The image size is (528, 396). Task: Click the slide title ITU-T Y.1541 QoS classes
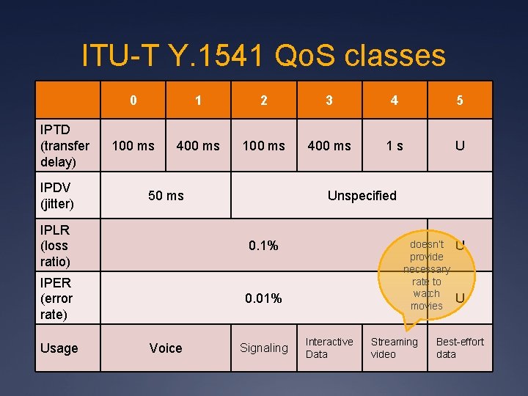click(x=263, y=55)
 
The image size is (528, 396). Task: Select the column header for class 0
click(x=133, y=100)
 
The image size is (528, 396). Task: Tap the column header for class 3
click(x=329, y=100)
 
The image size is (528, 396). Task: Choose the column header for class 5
click(x=460, y=100)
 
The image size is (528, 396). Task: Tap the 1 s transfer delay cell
click(x=395, y=146)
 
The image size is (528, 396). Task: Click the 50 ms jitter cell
click(x=166, y=196)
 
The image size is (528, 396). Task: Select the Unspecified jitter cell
click(x=362, y=196)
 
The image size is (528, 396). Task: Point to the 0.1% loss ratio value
click(x=263, y=246)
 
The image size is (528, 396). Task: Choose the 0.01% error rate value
click(x=263, y=298)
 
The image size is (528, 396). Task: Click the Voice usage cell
click(x=166, y=348)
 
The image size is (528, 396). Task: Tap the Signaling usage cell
click(x=264, y=348)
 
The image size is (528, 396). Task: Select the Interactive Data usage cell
click(x=329, y=348)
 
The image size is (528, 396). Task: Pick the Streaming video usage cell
click(x=395, y=348)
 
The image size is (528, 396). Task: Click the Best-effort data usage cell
click(x=460, y=348)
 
